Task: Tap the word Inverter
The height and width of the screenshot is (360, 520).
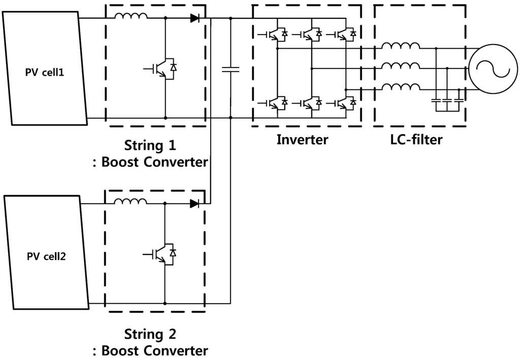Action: pos(302,139)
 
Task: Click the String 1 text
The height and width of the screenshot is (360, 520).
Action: pos(150,146)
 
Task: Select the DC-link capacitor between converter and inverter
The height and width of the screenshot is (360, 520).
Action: pos(231,69)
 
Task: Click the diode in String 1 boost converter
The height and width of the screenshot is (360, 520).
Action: pos(194,18)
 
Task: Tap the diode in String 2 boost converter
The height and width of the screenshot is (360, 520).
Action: pos(194,204)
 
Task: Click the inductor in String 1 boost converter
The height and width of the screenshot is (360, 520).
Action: pos(131,17)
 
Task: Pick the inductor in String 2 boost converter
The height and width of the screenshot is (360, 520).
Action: pos(131,202)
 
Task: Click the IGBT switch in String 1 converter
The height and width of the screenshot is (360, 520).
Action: pos(164,68)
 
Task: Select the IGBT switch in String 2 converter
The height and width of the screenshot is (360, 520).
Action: pos(164,253)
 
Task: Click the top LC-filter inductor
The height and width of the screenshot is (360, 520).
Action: pos(401,47)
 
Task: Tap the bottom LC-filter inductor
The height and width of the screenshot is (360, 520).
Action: pos(401,87)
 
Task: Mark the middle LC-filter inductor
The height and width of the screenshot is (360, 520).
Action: pos(401,67)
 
